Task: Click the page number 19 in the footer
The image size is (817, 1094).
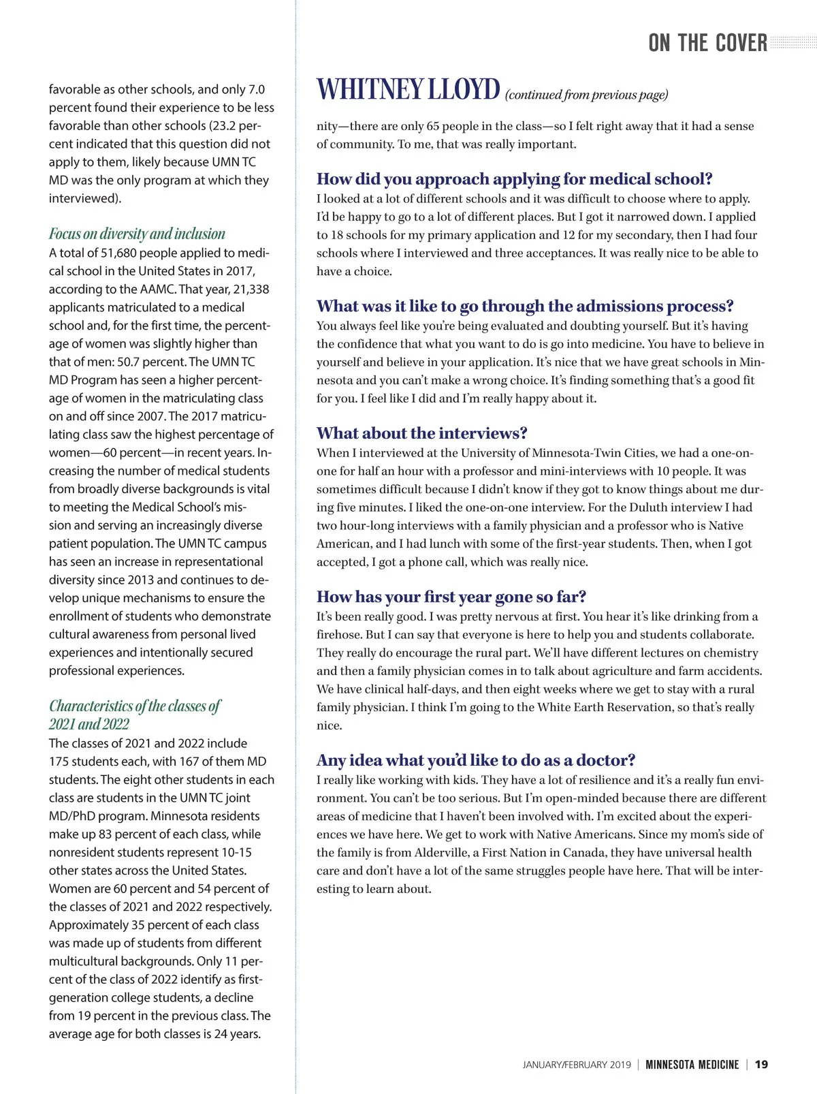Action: pyautogui.click(x=761, y=1064)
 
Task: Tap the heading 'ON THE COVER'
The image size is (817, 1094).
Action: pyautogui.click(x=707, y=43)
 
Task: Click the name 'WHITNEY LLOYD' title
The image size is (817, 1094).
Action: pyautogui.click(x=408, y=90)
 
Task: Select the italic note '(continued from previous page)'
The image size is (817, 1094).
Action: pyautogui.click(x=586, y=95)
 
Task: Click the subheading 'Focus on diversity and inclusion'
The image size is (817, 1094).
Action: pyautogui.click(x=137, y=234)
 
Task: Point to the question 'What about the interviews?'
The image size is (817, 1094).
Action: pyautogui.click(x=421, y=433)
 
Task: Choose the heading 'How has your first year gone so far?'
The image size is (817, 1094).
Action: pyautogui.click(x=451, y=597)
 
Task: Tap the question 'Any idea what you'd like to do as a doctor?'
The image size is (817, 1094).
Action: pyautogui.click(x=475, y=760)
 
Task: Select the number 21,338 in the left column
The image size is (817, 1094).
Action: pyautogui.click(x=251, y=290)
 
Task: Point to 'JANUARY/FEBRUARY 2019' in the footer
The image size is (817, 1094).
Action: pyautogui.click(x=577, y=1065)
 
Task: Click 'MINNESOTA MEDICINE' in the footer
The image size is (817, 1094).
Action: pyautogui.click(x=692, y=1065)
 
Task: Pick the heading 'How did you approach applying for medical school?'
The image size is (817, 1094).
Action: pyautogui.click(x=514, y=179)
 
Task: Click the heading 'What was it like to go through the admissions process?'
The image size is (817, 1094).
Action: pyautogui.click(x=525, y=306)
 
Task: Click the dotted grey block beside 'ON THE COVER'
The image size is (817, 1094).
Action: pyautogui.click(x=792, y=43)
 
